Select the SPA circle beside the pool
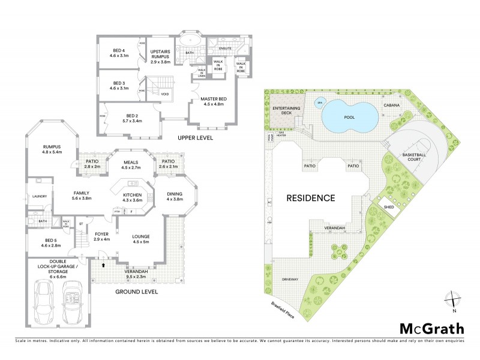(x=320, y=101)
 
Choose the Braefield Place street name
(x=280, y=306)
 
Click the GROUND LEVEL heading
(x=136, y=292)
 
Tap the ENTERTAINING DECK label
(x=286, y=110)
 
